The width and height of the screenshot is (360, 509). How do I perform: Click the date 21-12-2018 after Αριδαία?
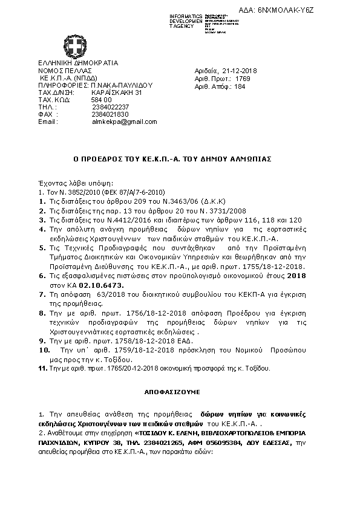[241, 71]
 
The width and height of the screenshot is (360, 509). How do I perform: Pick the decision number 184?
[240, 86]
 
